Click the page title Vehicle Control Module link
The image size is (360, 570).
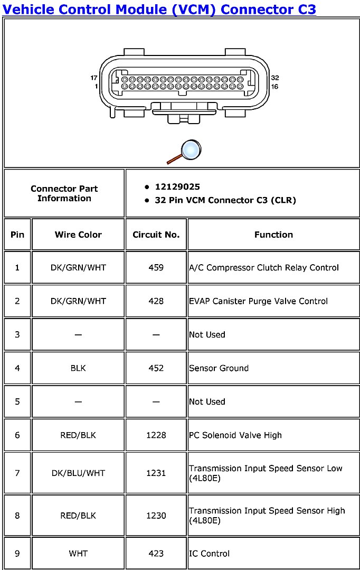click(x=159, y=9)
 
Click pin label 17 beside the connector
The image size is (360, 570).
click(x=94, y=78)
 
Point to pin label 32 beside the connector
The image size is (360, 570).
click(x=274, y=78)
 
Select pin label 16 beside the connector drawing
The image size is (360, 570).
click(x=274, y=87)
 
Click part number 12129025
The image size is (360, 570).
click(x=177, y=187)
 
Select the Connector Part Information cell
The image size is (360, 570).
click(x=64, y=193)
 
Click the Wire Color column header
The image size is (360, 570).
click(x=78, y=235)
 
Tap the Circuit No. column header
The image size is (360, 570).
click(x=156, y=235)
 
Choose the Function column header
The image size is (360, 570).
click(x=273, y=235)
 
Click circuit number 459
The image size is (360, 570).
click(x=156, y=268)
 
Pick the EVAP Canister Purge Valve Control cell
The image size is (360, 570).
click(x=258, y=301)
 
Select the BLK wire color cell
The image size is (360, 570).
click(x=78, y=368)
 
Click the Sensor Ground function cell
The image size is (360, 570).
click(x=219, y=368)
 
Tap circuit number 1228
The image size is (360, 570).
click(x=156, y=435)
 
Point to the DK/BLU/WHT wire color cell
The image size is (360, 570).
click(x=78, y=473)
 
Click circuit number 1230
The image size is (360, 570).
click(x=156, y=516)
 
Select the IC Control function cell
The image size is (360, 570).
click(x=210, y=554)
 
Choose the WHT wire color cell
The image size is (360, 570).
click(x=78, y=554)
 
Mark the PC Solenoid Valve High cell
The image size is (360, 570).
click(x=235, y=435)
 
